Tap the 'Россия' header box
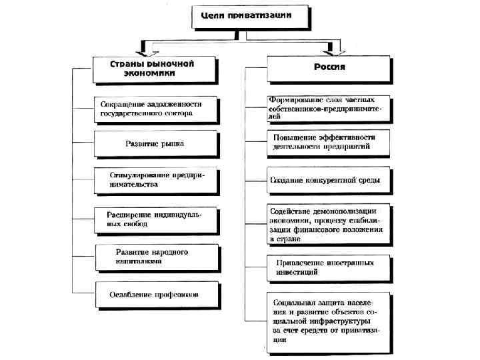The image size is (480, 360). (x=329, y=69)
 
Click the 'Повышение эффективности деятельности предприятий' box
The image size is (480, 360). (x=328, y=142)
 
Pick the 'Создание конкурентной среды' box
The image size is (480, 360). (x=328, y=180)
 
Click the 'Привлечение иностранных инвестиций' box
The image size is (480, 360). (x=328, y=267)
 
